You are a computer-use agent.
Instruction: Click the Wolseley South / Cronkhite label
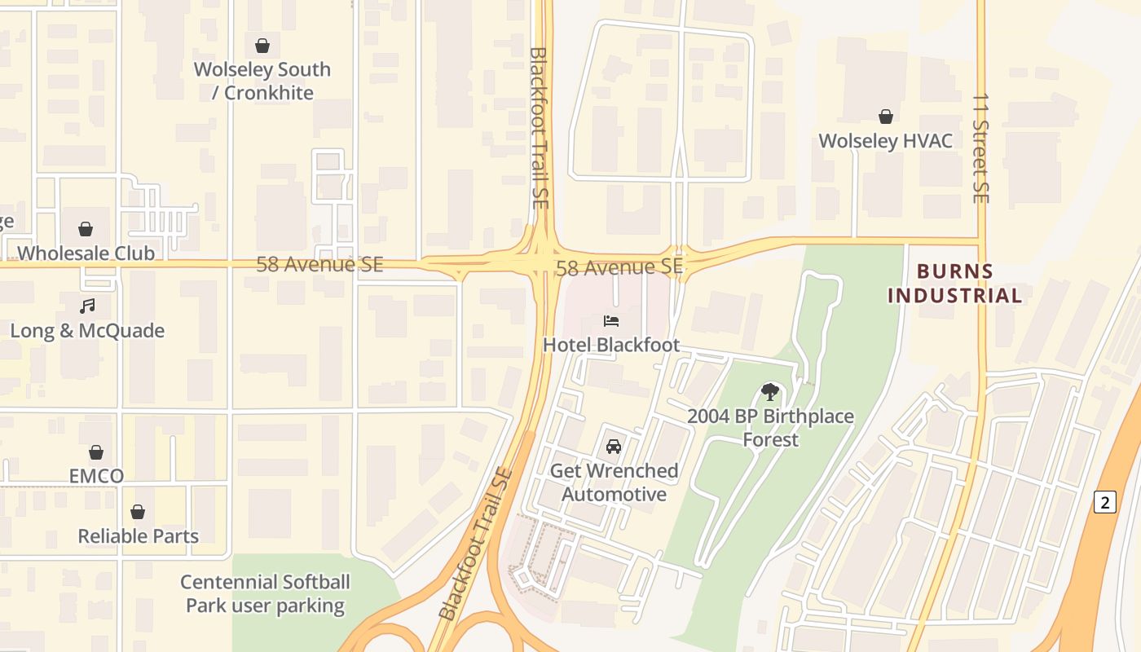tap(262, 81)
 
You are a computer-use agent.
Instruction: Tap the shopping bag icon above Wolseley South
tap(262, 46)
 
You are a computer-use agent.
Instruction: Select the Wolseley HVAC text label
tap(885, 141)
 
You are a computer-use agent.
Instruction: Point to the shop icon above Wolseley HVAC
tap(886, 117)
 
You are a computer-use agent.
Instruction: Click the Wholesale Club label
tap(86, 253)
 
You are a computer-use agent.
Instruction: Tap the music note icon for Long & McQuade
tap(87, 306)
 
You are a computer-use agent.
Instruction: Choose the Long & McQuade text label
tap(87, 331)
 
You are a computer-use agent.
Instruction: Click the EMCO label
tap(96, 476)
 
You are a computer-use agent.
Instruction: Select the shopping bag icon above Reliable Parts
tap(138, 512)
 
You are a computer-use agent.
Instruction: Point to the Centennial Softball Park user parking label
tap(265, 594)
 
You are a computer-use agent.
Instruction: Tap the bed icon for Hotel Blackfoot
tap(611, 321)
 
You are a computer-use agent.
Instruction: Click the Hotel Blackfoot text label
tap(611, 345)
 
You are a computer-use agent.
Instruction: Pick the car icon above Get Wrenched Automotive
tap(614, 447)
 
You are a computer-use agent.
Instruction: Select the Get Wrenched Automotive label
tap(614, 482)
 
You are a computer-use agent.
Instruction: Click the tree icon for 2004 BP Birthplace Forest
tap(769, 392)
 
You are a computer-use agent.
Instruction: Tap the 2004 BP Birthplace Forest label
tap(770, 428)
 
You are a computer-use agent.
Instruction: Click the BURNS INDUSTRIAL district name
tap(954, 284)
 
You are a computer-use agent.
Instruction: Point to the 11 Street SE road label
tap(980, 148)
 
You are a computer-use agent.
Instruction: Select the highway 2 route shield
tap(1104, 502)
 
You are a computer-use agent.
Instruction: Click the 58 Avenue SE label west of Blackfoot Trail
tap(319, 264)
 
